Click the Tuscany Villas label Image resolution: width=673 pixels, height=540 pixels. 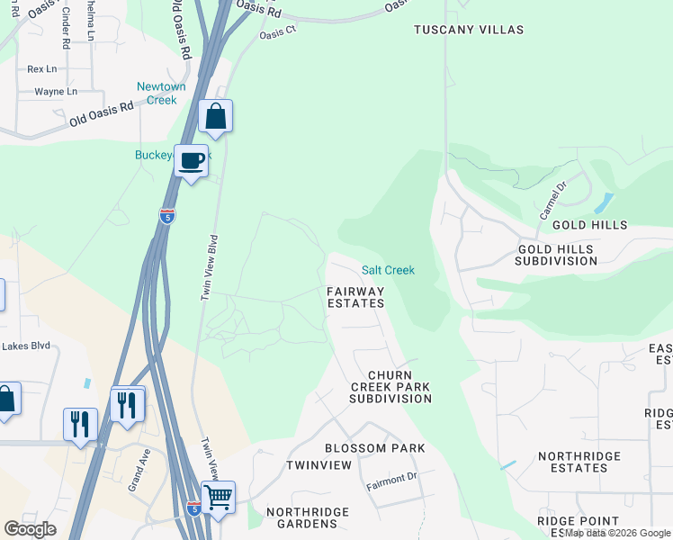(468, 30)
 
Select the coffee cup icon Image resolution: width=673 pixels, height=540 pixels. (191, 161)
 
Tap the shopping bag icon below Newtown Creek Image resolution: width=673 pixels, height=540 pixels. (215, 116)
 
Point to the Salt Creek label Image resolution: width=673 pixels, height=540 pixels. (388, 270)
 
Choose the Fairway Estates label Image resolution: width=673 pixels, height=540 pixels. (355, 297)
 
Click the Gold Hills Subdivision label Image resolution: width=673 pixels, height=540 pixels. (555, 255)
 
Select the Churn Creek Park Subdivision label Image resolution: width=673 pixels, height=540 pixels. (390, 386)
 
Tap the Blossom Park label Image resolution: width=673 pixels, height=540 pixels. (374, 448)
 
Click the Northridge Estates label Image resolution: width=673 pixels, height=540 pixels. (579, 462)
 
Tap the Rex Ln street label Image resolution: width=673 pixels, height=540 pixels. (41, 68)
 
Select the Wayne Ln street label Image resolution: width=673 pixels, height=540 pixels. (56, 92)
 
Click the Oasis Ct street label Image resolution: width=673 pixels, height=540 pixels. (277, 33)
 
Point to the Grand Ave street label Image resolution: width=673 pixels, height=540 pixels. (138, 470)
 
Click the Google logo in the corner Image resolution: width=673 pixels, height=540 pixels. (30, 529)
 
